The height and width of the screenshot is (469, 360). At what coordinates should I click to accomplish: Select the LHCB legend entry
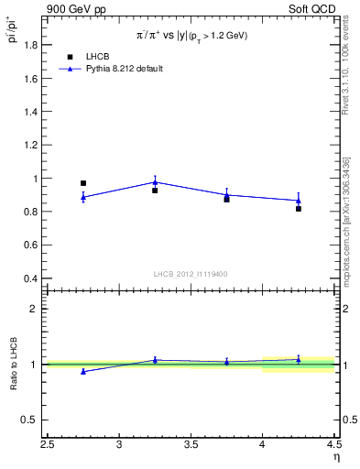pos(95,57)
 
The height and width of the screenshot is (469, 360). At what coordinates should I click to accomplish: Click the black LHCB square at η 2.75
pos(83,183)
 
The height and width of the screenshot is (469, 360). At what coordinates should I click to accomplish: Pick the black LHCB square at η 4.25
pos(299,209)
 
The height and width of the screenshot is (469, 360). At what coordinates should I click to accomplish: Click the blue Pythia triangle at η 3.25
pos(155,181)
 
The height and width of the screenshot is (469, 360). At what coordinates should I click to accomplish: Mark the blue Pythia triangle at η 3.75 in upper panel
pos(227,194)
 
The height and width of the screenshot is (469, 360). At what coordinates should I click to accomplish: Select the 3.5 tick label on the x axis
pos(191,446)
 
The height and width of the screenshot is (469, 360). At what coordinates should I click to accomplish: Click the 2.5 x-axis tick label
pos(48,446)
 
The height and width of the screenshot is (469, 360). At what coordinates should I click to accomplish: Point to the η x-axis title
pos(335,457)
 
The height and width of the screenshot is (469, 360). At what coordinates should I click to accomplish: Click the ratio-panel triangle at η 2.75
pos(83,371)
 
